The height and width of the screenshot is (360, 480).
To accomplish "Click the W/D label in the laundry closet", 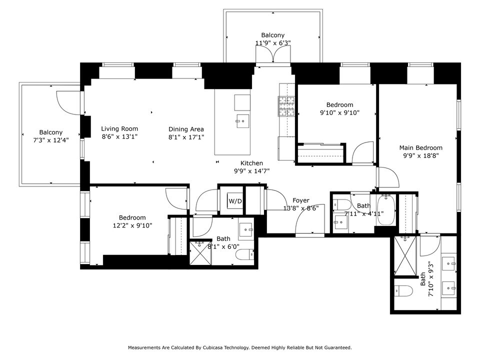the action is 235,201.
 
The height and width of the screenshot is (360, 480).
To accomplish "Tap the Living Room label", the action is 119,128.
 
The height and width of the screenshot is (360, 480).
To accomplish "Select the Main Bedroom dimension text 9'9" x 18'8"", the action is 421,155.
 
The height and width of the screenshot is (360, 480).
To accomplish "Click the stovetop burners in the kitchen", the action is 286,106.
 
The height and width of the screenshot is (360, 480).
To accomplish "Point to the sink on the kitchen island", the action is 242,121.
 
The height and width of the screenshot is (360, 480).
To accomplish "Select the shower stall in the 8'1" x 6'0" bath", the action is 200,253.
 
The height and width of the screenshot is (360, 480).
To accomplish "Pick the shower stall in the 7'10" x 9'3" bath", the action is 405,256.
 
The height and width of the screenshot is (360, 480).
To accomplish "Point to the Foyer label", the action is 301,200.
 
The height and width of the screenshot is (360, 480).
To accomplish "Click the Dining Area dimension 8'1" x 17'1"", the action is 186,137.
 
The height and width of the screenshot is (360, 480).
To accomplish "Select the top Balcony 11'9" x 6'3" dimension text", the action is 273,43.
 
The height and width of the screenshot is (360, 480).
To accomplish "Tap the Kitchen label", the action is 251,163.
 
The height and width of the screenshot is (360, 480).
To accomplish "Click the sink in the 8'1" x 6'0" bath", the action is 246,229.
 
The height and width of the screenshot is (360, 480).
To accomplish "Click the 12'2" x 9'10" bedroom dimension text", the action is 132,225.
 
